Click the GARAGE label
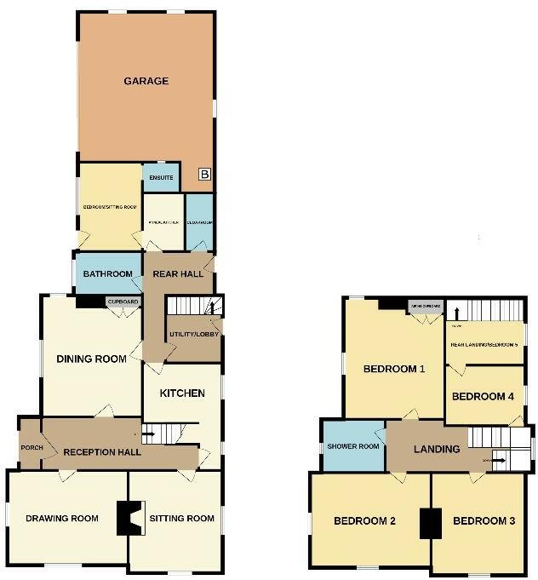click(146, 82)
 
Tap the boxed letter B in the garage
click(203, 175)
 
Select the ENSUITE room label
click(162, 178)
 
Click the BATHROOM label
click(108, 274)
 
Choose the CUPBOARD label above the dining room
click(123, 301)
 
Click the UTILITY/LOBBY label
click(194, 334)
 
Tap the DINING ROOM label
click(91, 359)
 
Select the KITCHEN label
click(182, 393)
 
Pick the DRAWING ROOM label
click(59, 519)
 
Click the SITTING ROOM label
click(181, 518)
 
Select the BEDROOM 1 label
click(393, 370)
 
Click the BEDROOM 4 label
click(483, 397)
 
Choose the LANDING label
click(437, 449)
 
